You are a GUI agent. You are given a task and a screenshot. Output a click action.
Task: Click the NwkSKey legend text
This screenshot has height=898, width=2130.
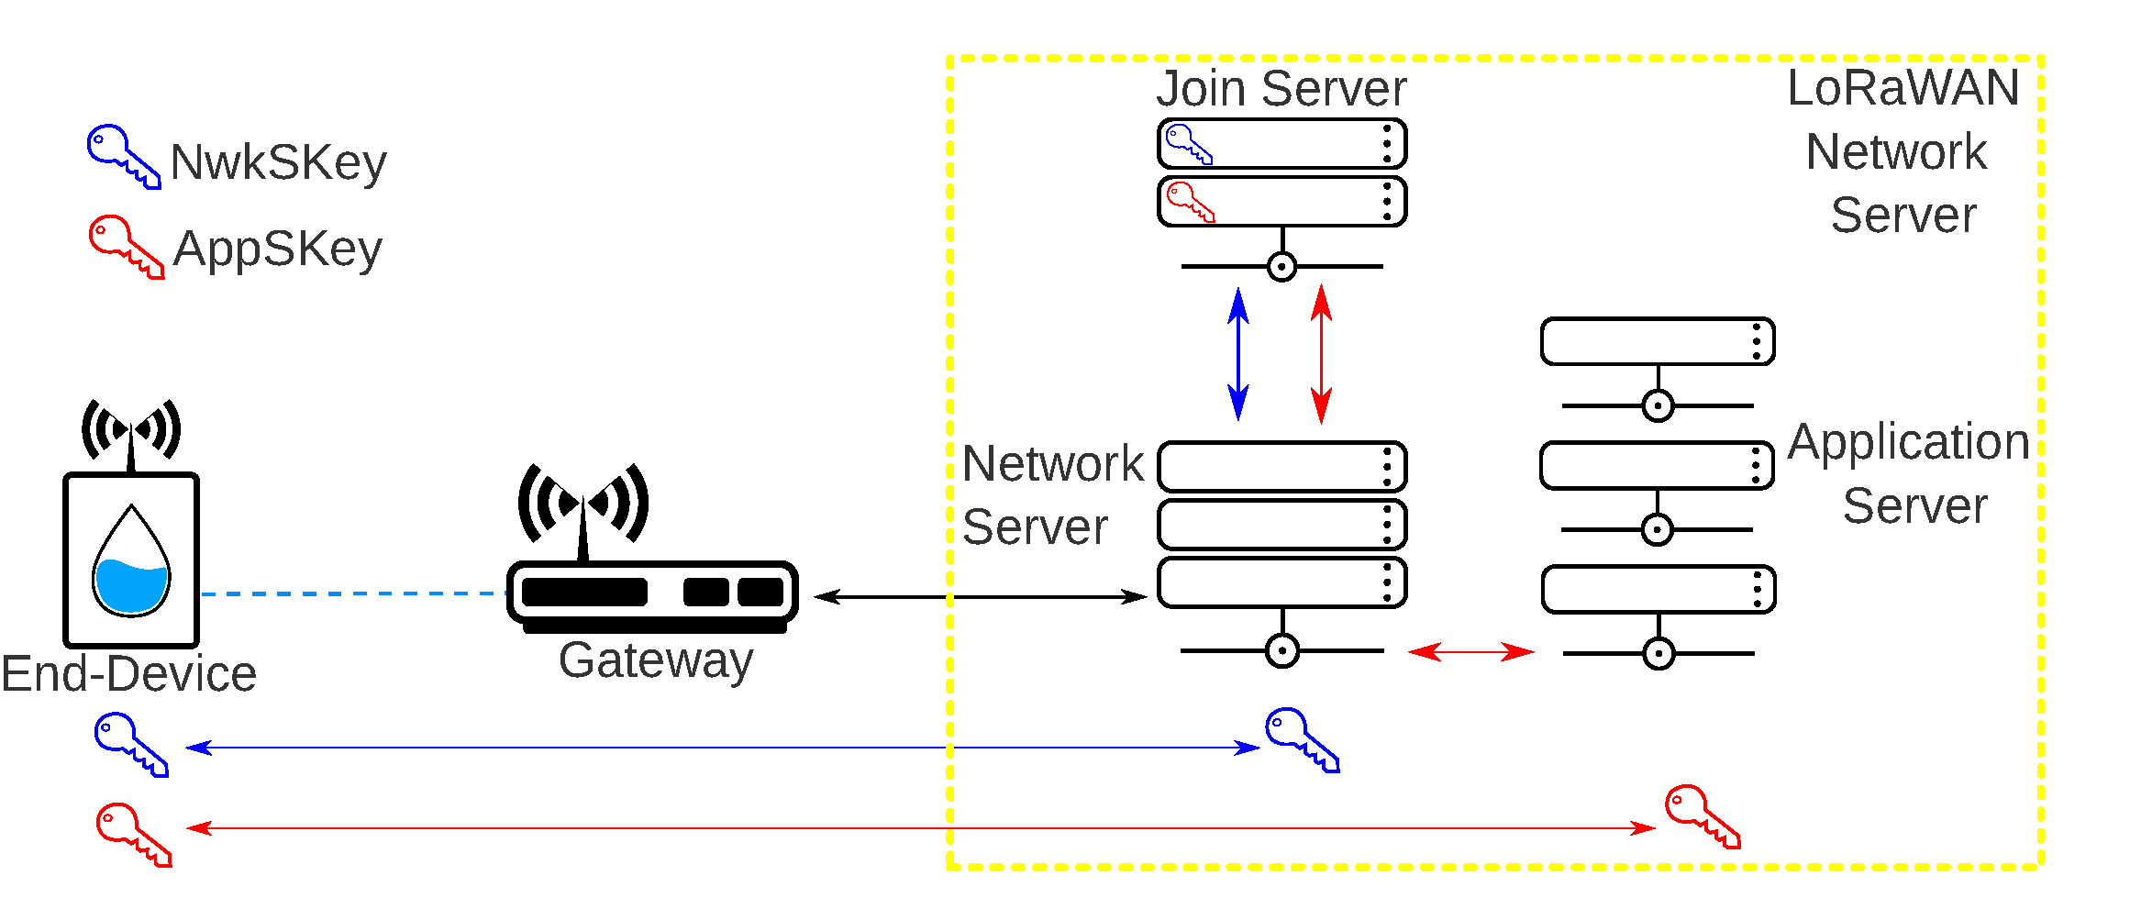pos(278,163)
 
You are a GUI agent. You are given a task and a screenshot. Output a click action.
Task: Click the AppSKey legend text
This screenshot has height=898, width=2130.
pos(277,249)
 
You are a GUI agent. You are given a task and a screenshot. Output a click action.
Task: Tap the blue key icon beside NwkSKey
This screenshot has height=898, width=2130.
pos(122,156)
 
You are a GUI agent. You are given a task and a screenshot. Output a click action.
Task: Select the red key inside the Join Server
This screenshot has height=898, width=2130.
pos(1190,201)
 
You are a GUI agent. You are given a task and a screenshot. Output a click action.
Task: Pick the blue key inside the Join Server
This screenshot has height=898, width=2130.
pos(1188,144)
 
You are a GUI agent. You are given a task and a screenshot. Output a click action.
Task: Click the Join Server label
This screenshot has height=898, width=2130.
pos(1281,89)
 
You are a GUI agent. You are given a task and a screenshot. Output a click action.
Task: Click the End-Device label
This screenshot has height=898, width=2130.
pos(128,674)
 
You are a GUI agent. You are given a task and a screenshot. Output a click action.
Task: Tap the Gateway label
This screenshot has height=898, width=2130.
pos(656,660)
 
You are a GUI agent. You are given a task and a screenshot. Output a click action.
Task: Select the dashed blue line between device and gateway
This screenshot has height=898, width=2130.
pos(353,593)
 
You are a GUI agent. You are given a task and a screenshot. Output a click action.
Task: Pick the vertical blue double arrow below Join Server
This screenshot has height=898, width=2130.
pos(1237,354)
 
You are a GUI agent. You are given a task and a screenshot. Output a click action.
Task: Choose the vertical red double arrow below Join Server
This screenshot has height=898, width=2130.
pos(1321,354)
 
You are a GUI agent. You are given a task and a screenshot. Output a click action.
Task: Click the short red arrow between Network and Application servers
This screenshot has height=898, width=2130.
pos(1470,652)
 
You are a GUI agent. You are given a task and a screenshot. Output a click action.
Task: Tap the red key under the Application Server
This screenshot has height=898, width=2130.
pos(1702,815)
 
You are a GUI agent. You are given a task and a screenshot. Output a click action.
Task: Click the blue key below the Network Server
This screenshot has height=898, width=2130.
pos(1302,739)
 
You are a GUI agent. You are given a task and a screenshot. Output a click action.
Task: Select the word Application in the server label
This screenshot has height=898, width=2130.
pos(1908,443)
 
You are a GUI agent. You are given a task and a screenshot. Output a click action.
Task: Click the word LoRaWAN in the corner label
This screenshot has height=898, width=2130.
pos(1903,89)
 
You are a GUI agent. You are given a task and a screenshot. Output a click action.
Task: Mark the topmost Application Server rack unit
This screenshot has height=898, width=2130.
pos(1657,341)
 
